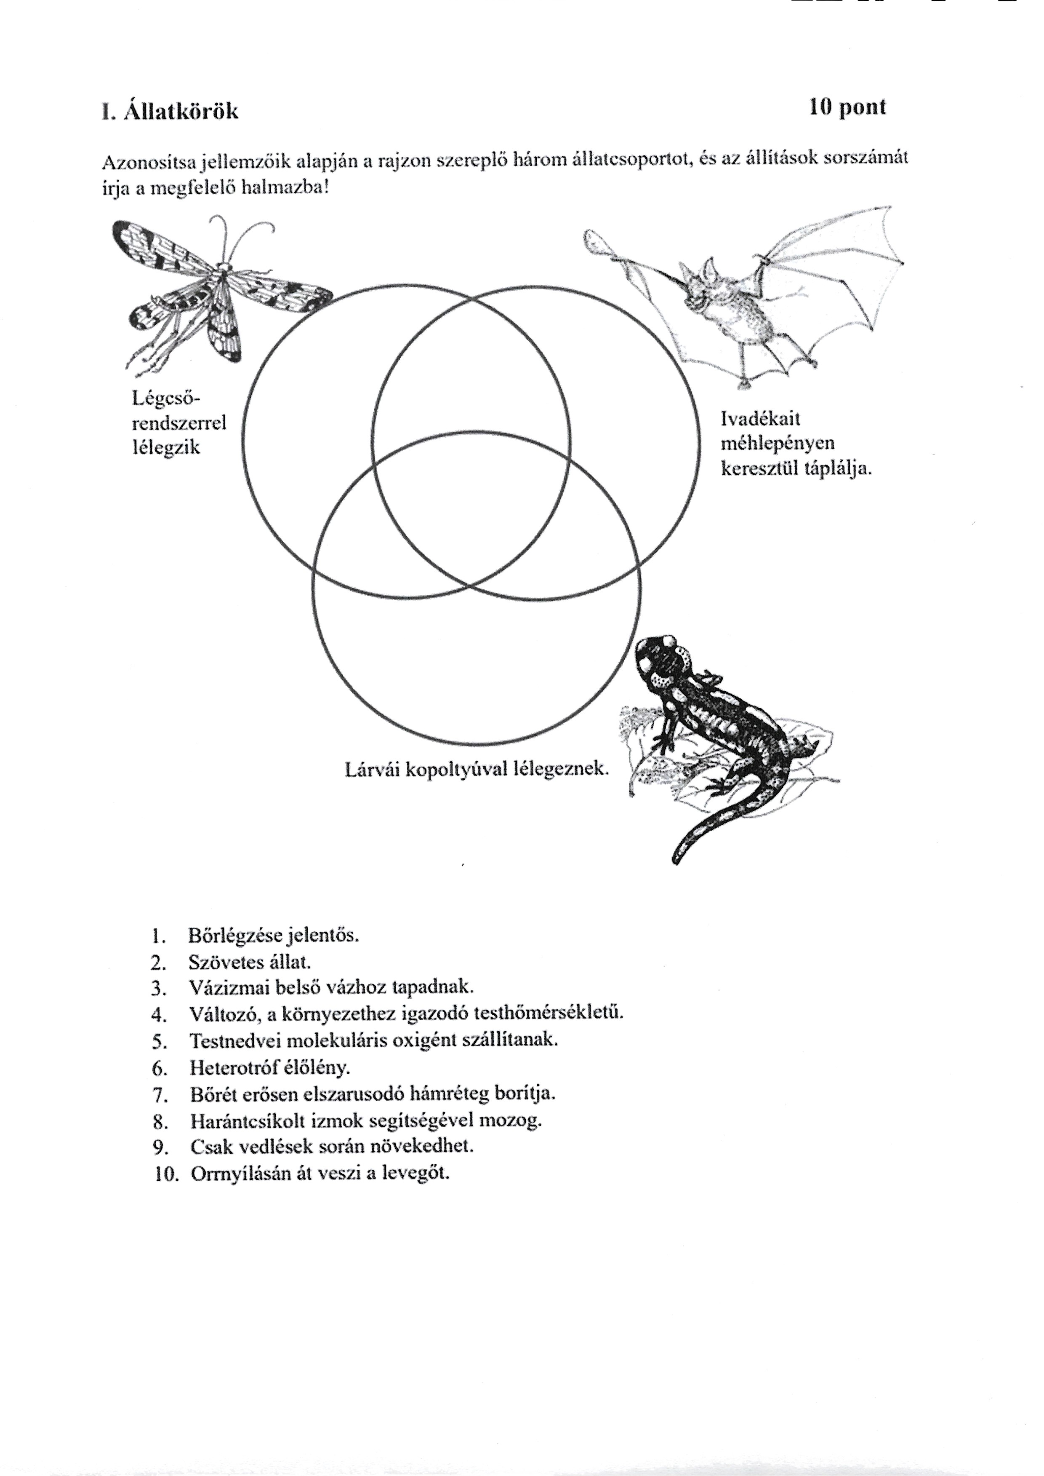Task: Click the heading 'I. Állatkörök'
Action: coord(170,111)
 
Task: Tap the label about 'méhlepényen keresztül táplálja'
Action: coord(796,444)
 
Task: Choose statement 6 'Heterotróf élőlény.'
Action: coord(269,1068)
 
